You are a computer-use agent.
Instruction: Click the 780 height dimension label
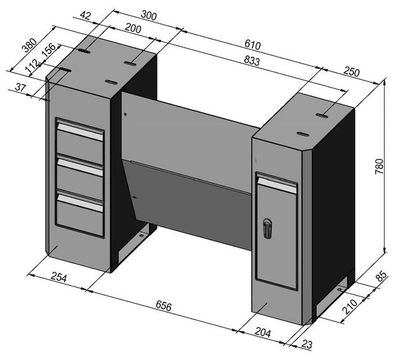tap(379, 166)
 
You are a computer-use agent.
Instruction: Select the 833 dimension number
tap(252, 61)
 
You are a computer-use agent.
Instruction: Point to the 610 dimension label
tap(252, 45)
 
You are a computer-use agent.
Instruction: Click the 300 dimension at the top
tap(148, 16)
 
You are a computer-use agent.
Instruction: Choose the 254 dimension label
tap(59, 277)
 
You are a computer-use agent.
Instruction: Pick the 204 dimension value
tap(263, 333)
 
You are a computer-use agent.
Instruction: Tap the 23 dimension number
tap(307, 344)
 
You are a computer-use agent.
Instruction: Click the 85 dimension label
tap(382, 276)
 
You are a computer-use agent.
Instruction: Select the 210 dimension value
tap(350, 306)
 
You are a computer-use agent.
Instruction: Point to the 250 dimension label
tap(352, 72)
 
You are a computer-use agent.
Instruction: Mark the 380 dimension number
tap(29, 45)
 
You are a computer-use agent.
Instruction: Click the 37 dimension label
tap(21, 87)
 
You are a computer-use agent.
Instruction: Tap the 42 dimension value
tap(85, 16)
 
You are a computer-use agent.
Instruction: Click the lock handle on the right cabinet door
tap(267, 228)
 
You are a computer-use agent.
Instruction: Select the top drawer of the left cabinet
tap(80, 142)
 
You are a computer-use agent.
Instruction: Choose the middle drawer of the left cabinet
tap(80, 175)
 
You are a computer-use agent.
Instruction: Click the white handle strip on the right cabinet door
tap(277, 185)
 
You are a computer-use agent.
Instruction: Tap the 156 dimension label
tap(49, 50)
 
